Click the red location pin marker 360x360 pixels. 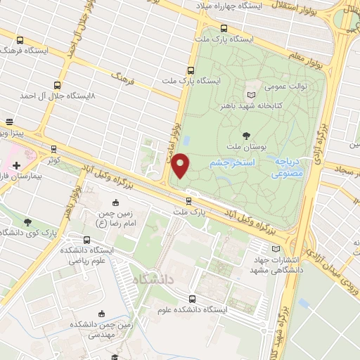click(181, 165)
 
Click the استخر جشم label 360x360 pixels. click(227, 162)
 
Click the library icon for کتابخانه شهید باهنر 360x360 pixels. click(252, 94)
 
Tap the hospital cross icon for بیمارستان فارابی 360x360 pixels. click(16, 165)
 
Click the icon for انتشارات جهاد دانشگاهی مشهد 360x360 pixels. click(275, 247)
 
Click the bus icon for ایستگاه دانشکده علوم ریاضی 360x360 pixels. click(86, 240)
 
